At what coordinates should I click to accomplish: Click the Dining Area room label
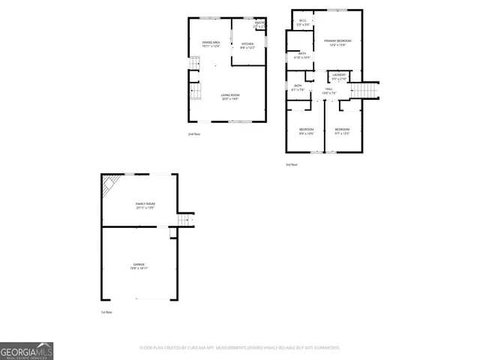(211, 45)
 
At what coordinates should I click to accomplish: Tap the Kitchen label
(247, 45)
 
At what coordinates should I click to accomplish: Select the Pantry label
(259, 25)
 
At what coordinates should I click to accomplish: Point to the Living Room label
(230, 96)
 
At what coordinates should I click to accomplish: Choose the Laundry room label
(339, 76)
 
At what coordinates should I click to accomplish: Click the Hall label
(329, 91)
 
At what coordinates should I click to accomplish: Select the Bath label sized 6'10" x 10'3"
(301, 55)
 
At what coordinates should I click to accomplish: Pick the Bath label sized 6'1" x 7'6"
(298, 87)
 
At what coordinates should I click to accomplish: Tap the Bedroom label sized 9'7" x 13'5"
(342, 130)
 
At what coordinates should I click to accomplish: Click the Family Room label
(145, 205)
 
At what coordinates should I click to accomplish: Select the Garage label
(139, 265)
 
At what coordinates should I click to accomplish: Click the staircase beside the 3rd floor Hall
(366, 91)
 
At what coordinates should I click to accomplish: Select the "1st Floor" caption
(106, 311)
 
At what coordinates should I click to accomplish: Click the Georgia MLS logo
(26, 351)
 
